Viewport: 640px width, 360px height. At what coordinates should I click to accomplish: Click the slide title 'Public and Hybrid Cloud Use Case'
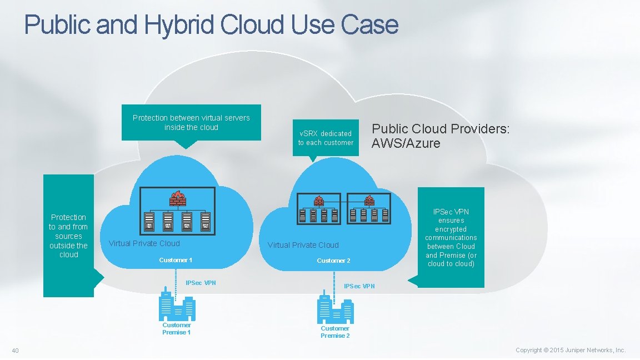click(x=211, y=25)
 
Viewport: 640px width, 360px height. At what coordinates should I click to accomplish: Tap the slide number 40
click(x=16, y=350)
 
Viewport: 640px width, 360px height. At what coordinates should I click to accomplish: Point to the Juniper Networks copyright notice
click(x=570, y=350)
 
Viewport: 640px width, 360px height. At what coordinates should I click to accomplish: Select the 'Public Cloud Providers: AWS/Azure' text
click(x=440, y=136)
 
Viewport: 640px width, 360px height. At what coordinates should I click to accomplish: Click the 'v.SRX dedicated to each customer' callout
click(x=326, y=138)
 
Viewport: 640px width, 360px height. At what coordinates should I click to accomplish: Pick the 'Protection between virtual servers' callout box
click(x=191, y=123)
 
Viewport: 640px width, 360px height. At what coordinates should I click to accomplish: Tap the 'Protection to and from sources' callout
click(x=69, y=236)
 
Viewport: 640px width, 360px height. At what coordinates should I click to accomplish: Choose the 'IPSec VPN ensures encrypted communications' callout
click(x=451, y=237)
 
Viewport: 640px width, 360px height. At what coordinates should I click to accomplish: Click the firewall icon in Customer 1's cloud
click(x=177, y=198)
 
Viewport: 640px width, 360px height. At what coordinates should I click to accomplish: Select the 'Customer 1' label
click(x=176, y=260)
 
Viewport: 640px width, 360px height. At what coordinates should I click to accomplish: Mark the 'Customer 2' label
click(x=333, y=261)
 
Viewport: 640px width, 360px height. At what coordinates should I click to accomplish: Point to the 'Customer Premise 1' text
click(x=177, y=329)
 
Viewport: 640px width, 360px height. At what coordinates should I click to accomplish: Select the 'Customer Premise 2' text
click(x=335, y=332)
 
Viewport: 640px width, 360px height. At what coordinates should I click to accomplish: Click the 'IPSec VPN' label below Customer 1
click(x=201, y=283)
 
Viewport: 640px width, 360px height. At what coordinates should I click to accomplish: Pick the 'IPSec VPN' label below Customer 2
click(x=359, y=286)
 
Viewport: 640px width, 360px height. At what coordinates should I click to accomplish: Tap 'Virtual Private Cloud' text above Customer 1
click(x=144, y=243)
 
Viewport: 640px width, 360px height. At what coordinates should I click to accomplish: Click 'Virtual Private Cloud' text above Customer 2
click(x=303, y=245)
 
